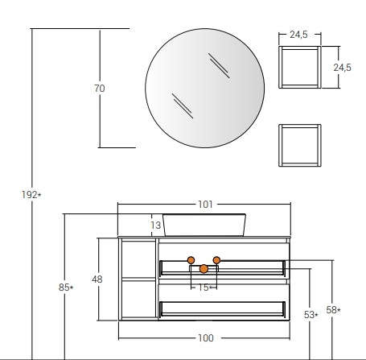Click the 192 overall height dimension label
pyautogui.click(x=31, y=195)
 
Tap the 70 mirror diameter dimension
pyautogui.click(x=100, y=89)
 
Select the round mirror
pyautogui.click(x=205, y=88)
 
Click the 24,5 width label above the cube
pyautogui.click(x=298, y=35)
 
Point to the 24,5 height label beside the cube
pyautogui.click(x=342, y=68)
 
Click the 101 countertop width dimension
pyautogui.click(x=205, y=205)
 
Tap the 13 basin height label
pyautogui.click(x=155, y=226)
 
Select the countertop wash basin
pyautogui.click(x=204, y=225)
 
